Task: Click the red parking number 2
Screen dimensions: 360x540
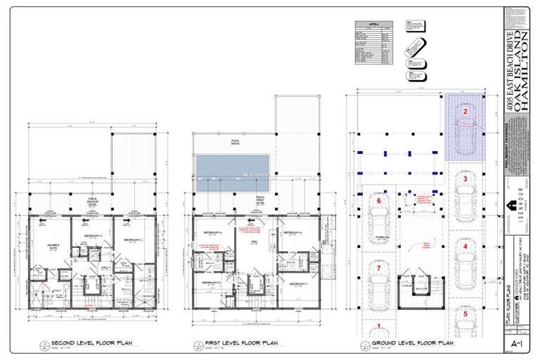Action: (465, 111)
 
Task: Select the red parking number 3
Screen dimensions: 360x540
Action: (465, 179)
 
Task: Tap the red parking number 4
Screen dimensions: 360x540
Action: (465, 247)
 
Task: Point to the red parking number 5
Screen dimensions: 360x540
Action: (465, 314)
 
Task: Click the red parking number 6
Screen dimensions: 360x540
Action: (379, 201)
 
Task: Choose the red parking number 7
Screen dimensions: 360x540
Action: (379, 269)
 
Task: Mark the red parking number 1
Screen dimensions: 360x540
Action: (379, 326)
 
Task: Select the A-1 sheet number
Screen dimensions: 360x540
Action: (515, 344)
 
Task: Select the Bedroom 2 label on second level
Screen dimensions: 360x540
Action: (132, 240)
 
